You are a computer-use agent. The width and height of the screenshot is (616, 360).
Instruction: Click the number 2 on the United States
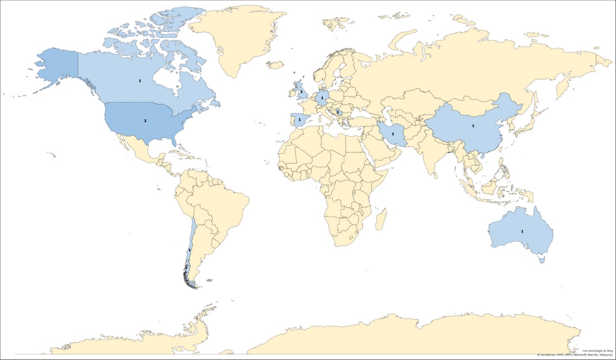point(145,121)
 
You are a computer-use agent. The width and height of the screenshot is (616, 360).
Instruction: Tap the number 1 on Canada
point(140,80)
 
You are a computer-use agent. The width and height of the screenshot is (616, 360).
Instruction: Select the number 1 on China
point(473,125)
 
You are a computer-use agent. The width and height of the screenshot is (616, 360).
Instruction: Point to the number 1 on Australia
point(522,231)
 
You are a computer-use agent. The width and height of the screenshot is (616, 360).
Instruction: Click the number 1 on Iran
point(393,134)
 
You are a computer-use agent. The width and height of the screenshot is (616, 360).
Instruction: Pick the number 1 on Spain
point(299,119)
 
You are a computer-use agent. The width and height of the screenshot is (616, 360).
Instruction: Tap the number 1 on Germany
point(322,98)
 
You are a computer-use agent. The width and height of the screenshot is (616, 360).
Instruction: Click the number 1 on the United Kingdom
point(301,92)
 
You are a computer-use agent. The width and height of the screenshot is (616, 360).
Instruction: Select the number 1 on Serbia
point(338,112)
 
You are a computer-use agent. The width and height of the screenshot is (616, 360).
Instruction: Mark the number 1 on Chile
point(190,250)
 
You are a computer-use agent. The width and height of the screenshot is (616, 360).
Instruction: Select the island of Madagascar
point(381,221)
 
